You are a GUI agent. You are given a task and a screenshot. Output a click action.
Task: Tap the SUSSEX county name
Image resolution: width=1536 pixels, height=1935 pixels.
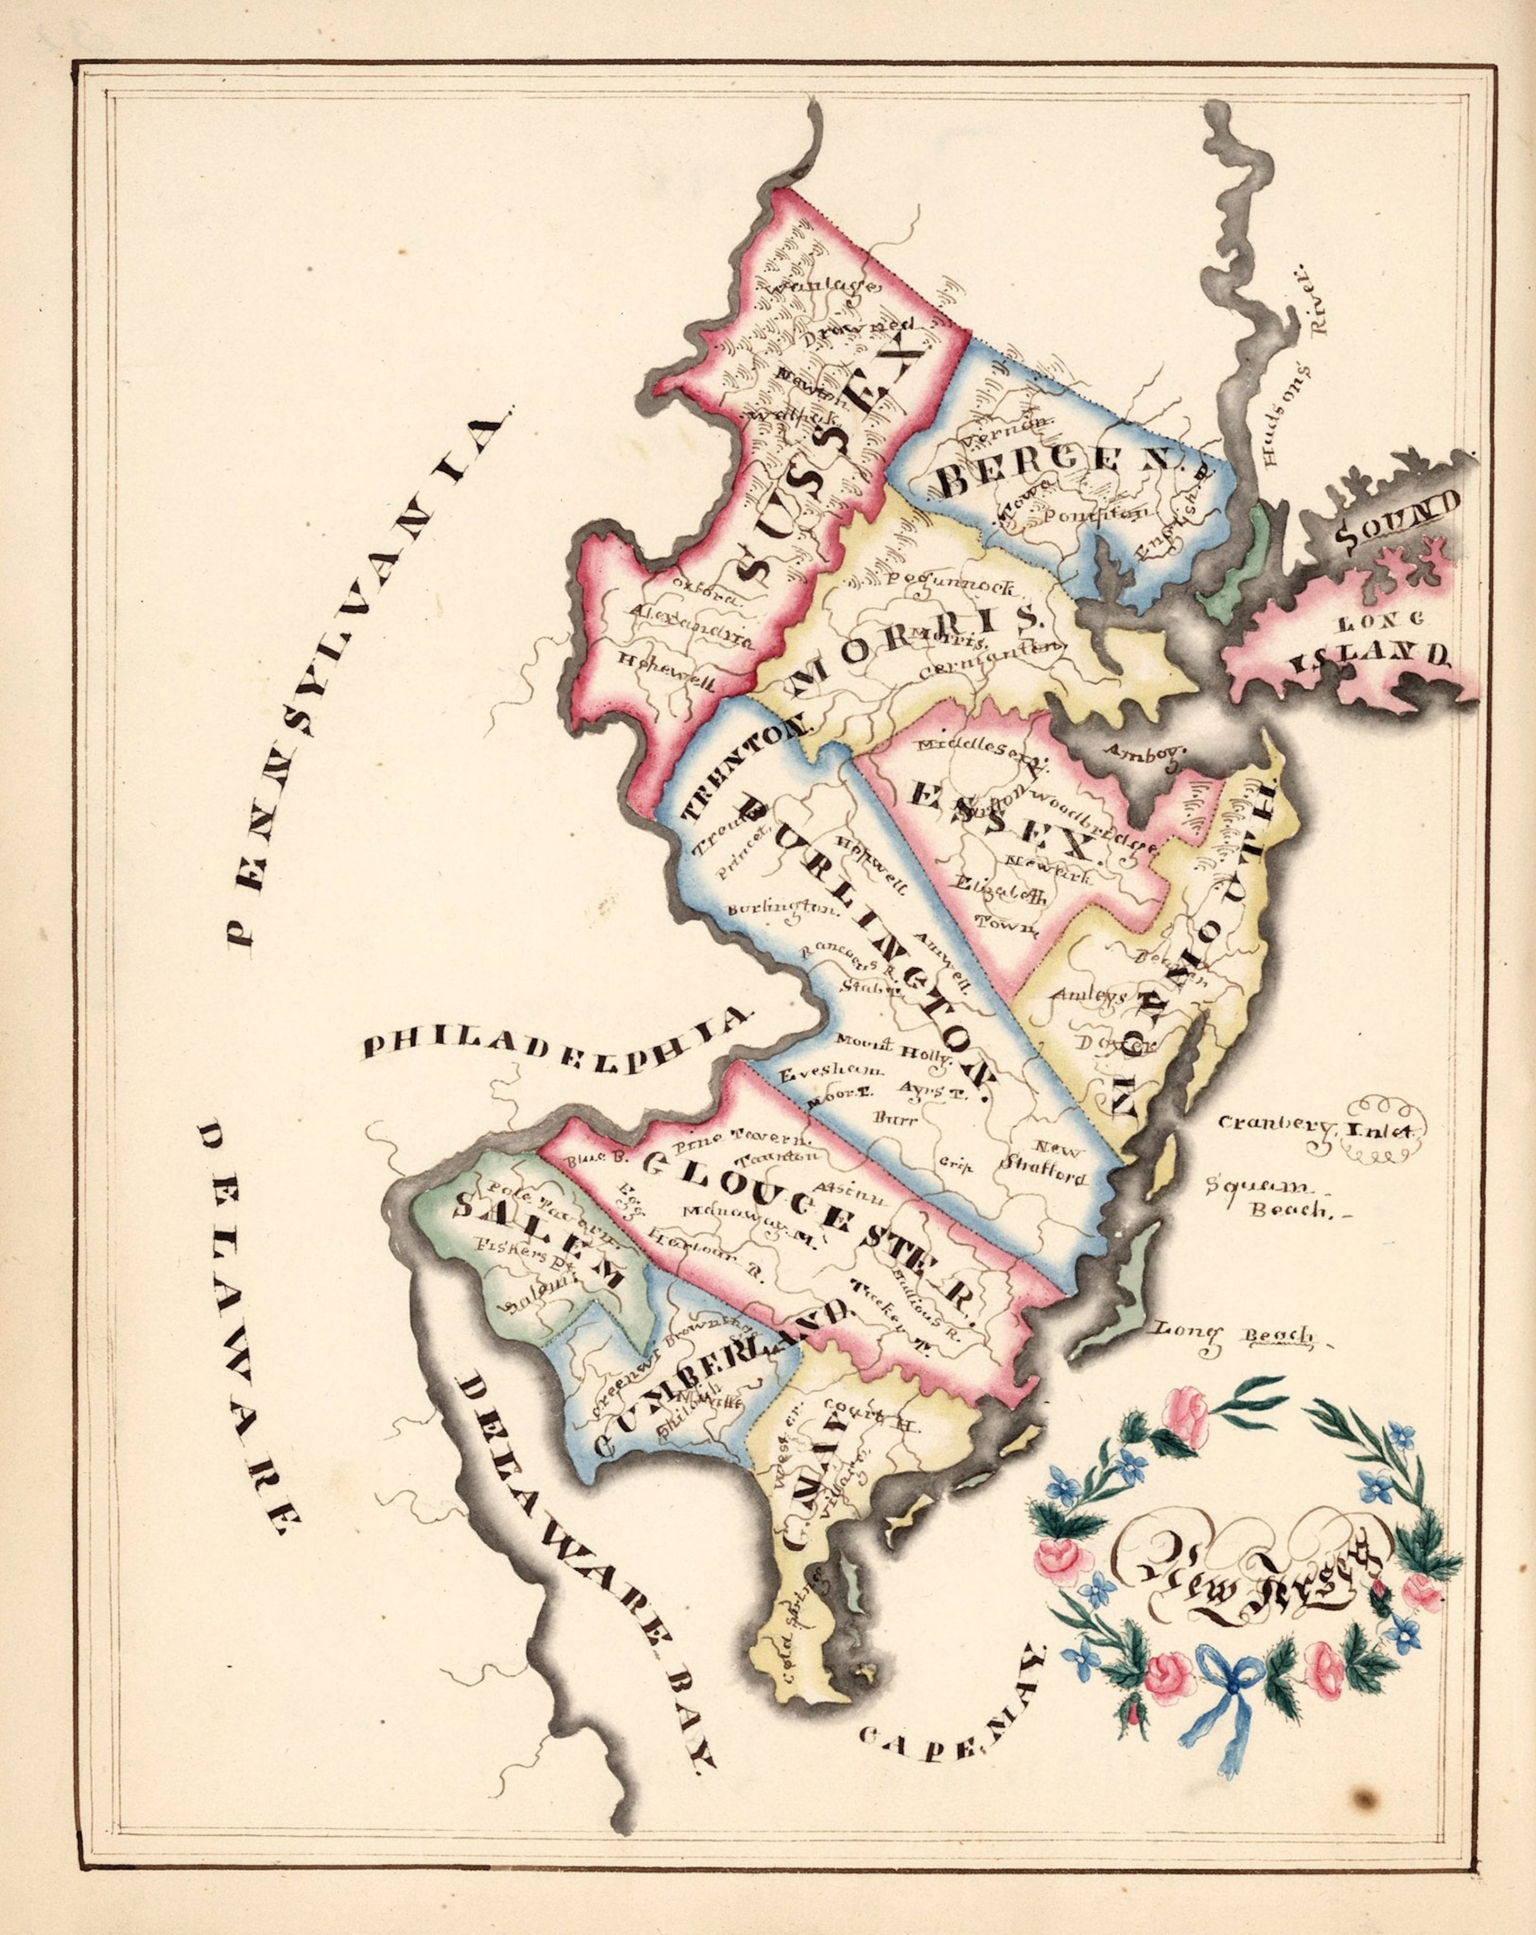tap(826, 467)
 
